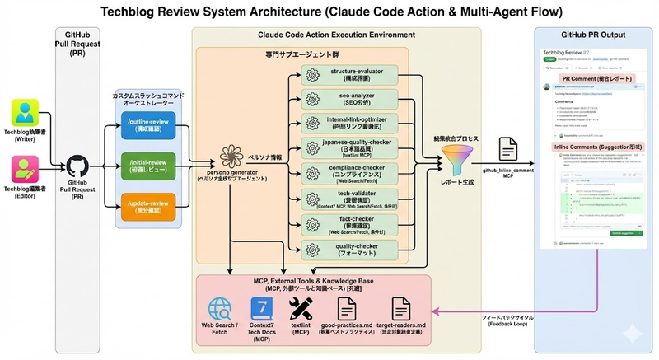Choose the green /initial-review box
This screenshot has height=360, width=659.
pyautogui.click(x=149, y=164)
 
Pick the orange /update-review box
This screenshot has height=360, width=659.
pyautogui.click(x=149, y=203)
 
